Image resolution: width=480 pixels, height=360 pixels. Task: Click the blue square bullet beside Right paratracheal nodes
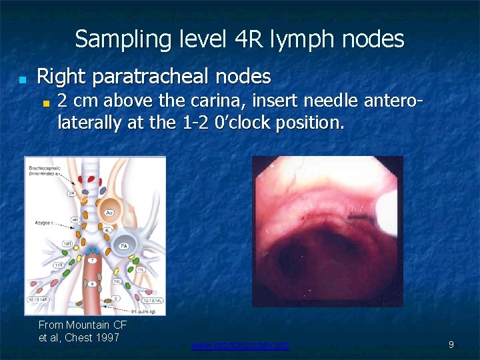click(x=22, y=79)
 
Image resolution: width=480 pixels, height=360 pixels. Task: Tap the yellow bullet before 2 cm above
click(x=47, y=104)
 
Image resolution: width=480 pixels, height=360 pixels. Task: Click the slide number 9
click(x=451, y=345)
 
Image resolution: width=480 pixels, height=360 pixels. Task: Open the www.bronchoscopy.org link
click(x=240, y=345)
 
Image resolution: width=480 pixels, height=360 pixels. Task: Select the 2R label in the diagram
click(x=71, y=193)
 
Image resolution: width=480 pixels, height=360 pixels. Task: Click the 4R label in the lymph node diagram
click(x=75, y=219)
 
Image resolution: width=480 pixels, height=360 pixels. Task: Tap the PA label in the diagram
click(x=123, y=246)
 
